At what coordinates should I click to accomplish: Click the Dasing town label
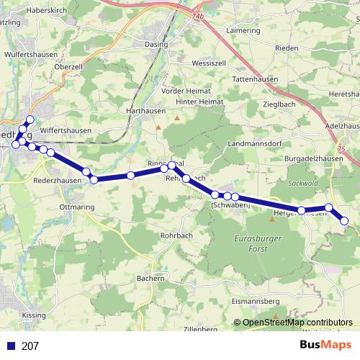click(157, 45)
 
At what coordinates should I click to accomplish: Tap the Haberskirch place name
click(45, 12)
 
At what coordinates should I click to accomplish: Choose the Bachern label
click(152, 277)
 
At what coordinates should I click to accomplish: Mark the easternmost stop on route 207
click(344, 221)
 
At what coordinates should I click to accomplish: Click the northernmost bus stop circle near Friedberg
click(30, 120)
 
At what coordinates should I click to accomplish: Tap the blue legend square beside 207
click(12, 346)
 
